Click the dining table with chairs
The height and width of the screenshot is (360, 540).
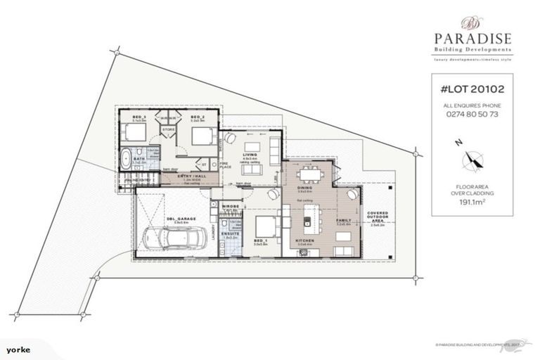click(310, 173)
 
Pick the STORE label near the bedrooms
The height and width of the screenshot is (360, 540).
click(168, 129)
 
